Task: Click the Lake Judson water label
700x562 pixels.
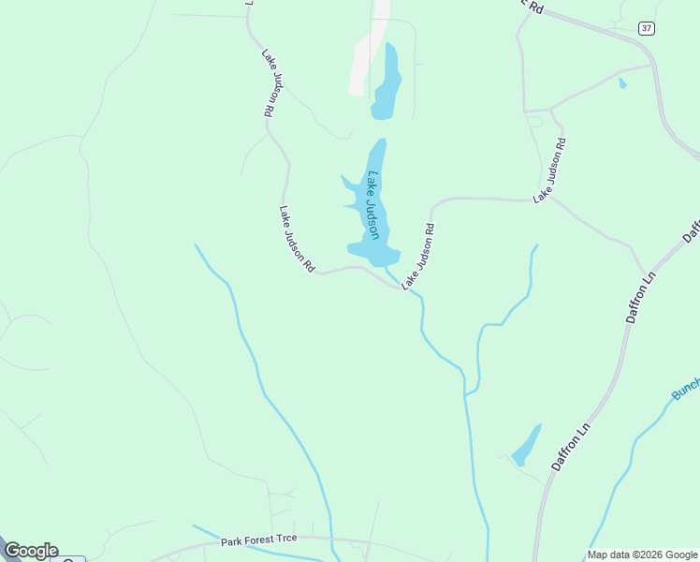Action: point(373,204)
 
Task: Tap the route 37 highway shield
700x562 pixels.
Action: point(647,28)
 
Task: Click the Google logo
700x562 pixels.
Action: point(30,551)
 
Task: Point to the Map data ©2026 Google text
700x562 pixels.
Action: point(643,555)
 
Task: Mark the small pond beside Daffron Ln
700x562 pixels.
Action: point(526,446)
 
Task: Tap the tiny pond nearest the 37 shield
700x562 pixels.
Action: point(622,83)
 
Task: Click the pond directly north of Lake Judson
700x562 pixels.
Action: point(386,84)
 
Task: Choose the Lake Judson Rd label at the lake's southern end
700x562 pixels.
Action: point(418,257)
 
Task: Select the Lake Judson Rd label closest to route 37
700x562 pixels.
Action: point(549,171)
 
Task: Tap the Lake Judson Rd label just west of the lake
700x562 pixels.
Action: point(297,239)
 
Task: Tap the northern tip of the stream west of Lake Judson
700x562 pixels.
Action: point(196,245)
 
